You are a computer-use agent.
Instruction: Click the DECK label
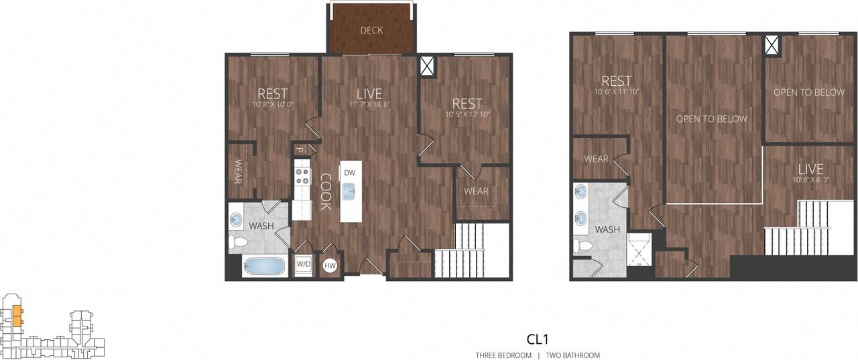click(x=371, y=30)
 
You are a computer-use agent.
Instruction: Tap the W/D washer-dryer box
click(x=304, y=264)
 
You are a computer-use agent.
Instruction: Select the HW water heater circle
click(x=330, y=265)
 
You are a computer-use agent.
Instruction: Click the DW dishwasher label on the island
click(x=349, y=173)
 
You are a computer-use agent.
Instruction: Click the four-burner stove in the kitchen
click(x=302, y=176)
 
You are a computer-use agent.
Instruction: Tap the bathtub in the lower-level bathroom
click(x=263, y=265)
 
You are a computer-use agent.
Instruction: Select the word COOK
click(x=325, y=192)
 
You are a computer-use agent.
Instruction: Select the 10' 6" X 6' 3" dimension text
click(x=809, y=180)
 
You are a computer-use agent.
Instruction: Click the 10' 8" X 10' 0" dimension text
click(x=273, y=105)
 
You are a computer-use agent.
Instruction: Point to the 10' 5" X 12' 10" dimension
click(x=467, y=115)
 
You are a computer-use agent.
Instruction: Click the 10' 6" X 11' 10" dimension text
click(x=617, y=91)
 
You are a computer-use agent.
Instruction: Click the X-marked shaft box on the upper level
click(x=773, y=46)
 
